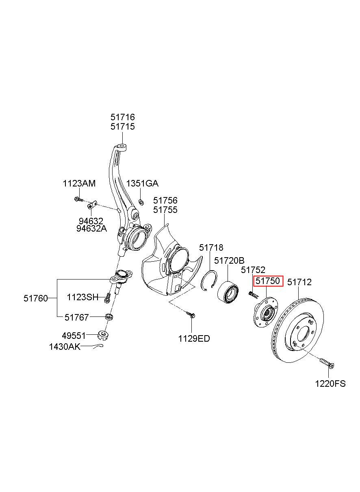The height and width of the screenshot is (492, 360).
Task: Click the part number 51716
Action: (x=122, y=117)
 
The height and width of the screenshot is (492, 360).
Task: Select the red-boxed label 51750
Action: (x=268, y=281)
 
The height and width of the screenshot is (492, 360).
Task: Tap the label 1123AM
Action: (x=79, y=183)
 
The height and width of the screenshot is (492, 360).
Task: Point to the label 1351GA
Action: (x=142, y=183)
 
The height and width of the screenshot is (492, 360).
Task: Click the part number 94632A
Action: (x=91, y=228)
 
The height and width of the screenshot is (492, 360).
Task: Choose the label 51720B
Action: (x=229, y=260)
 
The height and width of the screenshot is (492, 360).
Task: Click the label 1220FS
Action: (x=330, y=383)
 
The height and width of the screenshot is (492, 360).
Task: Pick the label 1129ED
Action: (x=194, y=338)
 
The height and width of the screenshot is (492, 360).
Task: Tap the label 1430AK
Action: (x=65, y=347)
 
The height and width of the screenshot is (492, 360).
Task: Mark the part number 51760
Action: (x=35, y=298)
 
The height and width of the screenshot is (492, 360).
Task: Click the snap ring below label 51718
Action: (x=210, y=280)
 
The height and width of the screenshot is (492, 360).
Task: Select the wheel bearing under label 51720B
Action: (x=228, y=291)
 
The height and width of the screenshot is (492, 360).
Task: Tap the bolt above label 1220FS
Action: (x=326, y=362)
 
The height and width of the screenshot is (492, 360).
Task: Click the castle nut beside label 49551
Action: (x=104, y=335)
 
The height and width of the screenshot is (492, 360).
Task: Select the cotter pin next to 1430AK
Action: (x=97, y=346)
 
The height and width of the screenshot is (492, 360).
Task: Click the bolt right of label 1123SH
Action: (x=107, y=298)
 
